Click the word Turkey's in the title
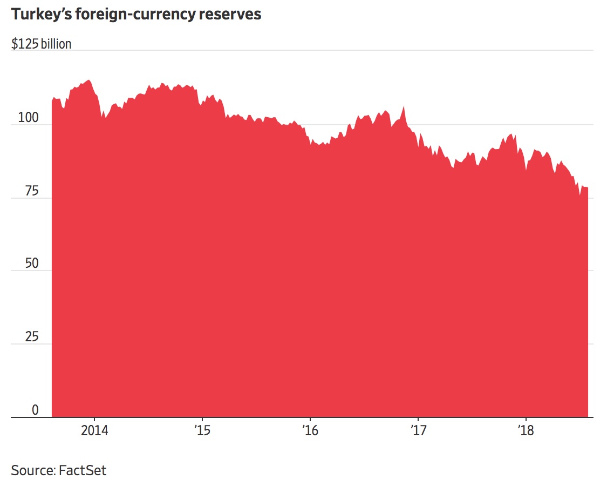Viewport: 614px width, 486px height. pyautogui.click(x=43, y=15)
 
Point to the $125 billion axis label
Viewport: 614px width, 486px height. pyautogui.click(x=41, y=44)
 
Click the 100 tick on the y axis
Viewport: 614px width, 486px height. pyautogui.click(x=28, y=118)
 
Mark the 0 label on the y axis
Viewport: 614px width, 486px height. pyautogui.click(x=35, y=410)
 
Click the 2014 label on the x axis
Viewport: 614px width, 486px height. pyautogui.click(x=94, y=430)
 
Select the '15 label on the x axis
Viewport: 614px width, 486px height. pyautogui.click(x=202, y=430)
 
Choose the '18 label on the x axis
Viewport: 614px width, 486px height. pyautogui.click(x=526, y=430)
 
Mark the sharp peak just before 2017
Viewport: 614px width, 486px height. pyautogui.click(x=404, y=107)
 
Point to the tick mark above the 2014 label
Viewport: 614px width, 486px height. pyautogui.click(x=94, y=420)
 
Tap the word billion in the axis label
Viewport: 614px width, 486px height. pyautogui.click(x=56, y=44)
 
